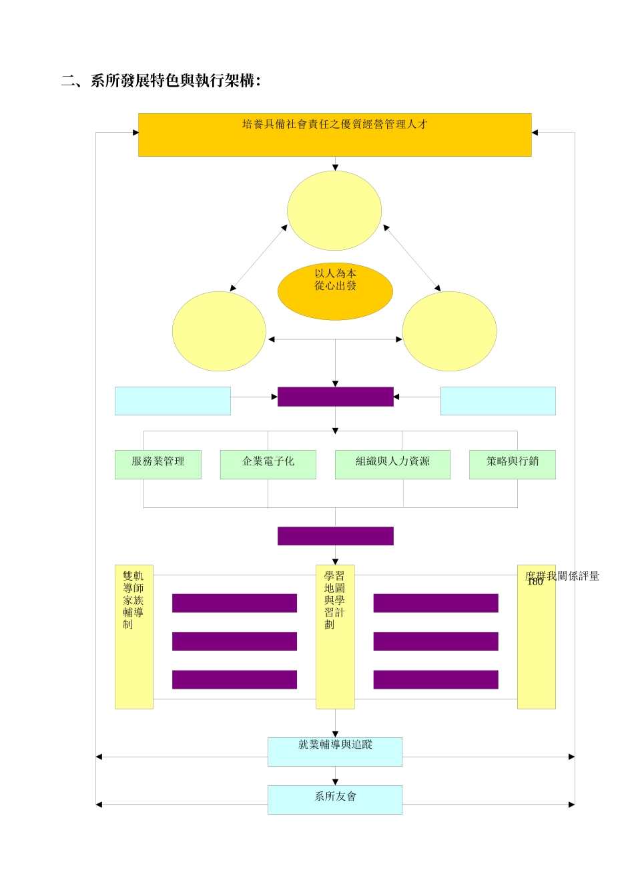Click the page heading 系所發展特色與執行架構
click(161, 81)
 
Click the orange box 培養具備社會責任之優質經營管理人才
click(334, 135)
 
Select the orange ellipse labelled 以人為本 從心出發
click(335, 291)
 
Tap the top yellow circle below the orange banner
click(334, 211)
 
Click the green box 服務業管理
click(158, 464)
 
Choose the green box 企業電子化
click(268, 464)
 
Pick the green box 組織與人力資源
click(392, 464)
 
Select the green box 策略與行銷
click(513, 464)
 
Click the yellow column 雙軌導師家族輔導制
click(133, 637)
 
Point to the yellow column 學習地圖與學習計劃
click(335, 637)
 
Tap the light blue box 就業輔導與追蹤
click(335, 751)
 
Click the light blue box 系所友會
click(335, 799)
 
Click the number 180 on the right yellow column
click(535, 582)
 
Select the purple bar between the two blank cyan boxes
click(336, 397)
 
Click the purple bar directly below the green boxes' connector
click(336, 536)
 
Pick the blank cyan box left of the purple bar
click(173, 401)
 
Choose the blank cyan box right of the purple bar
click(498, 401)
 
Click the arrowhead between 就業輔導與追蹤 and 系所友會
click(335, 781)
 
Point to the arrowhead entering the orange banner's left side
click(135, 132)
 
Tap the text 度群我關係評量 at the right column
click(563, 575)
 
